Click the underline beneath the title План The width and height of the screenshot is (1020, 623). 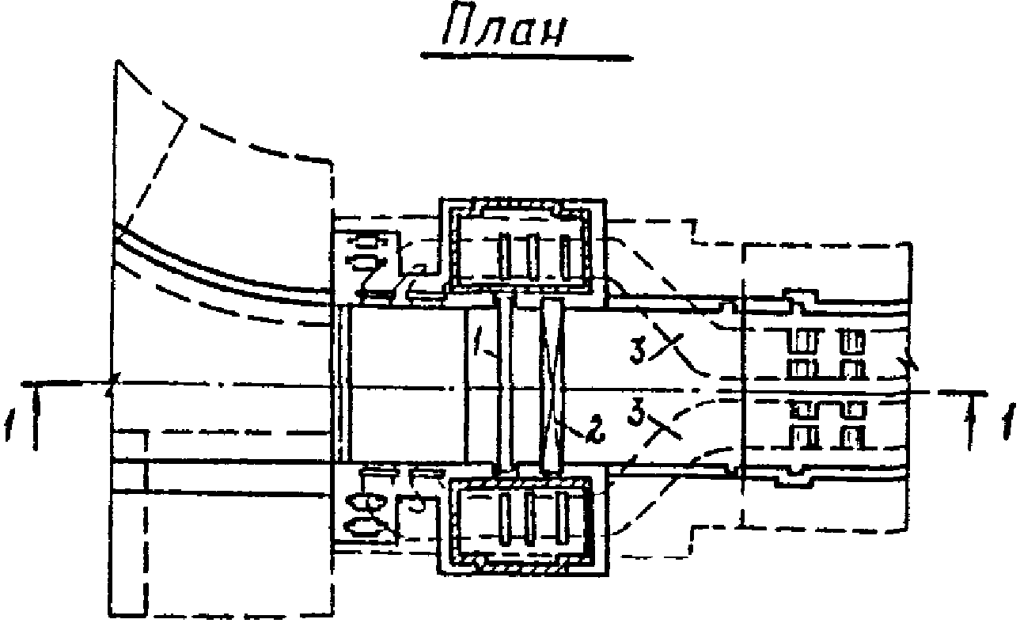(x=526, y=57)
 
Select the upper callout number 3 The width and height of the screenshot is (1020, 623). (x=639, y=350)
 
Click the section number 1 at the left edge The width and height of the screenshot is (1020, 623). (x=9, y=424)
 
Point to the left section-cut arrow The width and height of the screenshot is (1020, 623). (x=36, y=416)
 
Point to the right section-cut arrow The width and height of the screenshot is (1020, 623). (x=973, y=421)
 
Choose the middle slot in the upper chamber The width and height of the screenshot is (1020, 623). (x=533, y=256)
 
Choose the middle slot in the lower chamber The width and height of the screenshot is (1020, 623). (x=529, y=519)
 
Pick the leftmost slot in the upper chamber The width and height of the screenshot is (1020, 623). (x=504, y=256)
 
